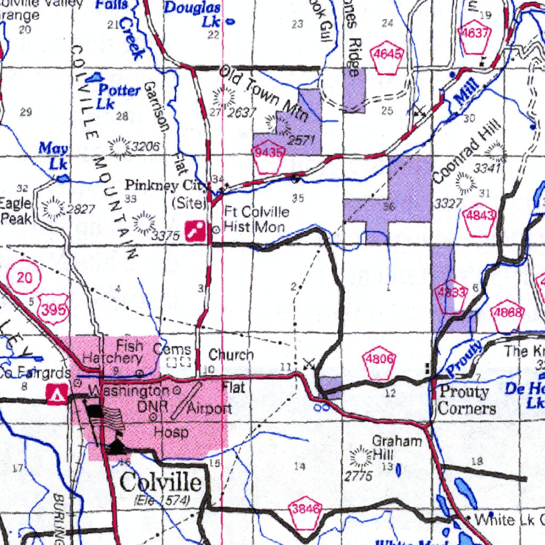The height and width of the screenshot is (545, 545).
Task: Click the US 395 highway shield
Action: tap(54, 309)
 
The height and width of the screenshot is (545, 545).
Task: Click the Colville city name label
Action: tap(160, 483)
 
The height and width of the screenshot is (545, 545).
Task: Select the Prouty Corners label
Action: tap(464, 400)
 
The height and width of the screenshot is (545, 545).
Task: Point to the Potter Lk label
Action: tap(118, 96)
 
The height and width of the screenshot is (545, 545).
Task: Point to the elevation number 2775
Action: tap(358, 476)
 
